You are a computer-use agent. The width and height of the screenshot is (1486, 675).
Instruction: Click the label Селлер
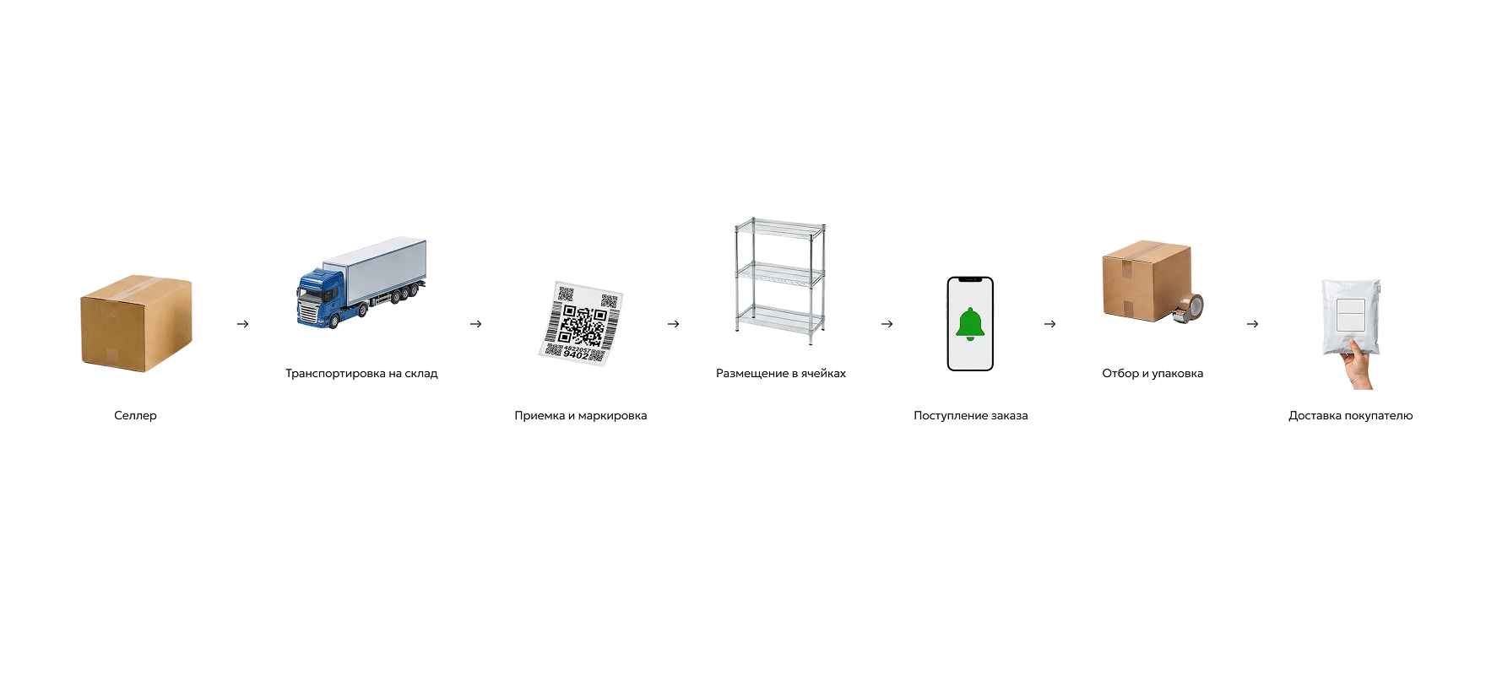[x=135, y=415]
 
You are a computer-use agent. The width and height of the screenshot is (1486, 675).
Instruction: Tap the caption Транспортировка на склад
[x=361, y=373]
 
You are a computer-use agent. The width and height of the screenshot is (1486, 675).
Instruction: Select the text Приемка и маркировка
[x=581, y=415]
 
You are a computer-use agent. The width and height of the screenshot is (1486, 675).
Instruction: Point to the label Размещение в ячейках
[x=781, y=373]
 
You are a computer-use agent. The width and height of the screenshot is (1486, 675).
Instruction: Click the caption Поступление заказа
[x=971, y=415]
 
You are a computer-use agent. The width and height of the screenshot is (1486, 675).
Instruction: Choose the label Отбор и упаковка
[x=1152, y=373]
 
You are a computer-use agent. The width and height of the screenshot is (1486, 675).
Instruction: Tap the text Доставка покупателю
[x=1351, y=415]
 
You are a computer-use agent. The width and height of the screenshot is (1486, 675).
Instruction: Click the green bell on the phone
[x=970, y=324]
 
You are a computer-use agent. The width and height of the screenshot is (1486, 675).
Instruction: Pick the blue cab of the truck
[x=320, y=298]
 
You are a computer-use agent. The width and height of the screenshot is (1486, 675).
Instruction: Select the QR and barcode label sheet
[x=581, y=324]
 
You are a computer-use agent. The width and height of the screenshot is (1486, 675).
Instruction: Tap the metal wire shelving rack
[x=780, y=281]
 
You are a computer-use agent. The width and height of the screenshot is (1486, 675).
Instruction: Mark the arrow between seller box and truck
[x=243, y=324]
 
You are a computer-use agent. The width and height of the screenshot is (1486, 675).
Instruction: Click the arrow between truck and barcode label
[x=476, y=324]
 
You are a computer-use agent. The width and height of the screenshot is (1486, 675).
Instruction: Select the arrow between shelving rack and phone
[x=887, y=324]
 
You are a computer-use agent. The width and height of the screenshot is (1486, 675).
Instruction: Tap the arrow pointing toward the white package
[x=1253, y=324]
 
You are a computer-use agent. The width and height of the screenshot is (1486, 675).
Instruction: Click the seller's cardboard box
[x=136, y=323]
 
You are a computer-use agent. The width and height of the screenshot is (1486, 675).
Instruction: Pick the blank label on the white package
[x=1351, y=315]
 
